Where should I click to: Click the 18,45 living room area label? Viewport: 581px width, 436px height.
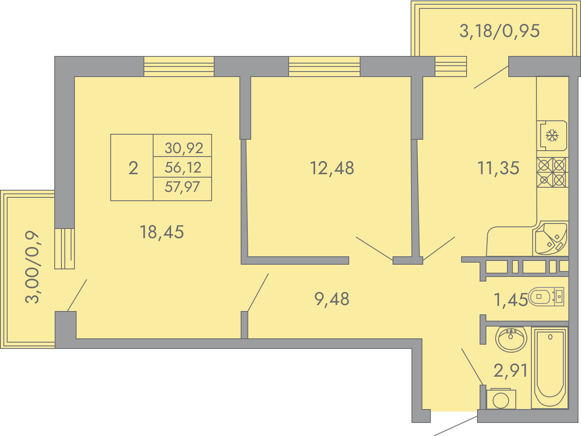coord(162,232)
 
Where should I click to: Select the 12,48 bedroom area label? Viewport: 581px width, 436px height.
coord(332,168)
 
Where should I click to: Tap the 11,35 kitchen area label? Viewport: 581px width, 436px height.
coord(498,168)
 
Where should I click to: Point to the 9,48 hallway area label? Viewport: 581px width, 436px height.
coord(332,299)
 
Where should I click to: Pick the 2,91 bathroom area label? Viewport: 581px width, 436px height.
coord(511,370)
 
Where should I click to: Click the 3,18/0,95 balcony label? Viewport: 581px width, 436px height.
coord(499,31)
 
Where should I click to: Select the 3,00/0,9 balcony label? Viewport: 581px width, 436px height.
coord(32,267)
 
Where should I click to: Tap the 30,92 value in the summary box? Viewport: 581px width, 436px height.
coord(184,148)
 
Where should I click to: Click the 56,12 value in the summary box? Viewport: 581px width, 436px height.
coord(183,167)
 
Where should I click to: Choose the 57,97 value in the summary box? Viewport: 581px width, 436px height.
coord(182,187)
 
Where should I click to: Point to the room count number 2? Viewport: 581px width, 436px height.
coord(133,168)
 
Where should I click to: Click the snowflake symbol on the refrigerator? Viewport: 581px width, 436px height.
coord(552,135)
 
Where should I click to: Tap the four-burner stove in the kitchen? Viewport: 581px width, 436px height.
coord(552,173)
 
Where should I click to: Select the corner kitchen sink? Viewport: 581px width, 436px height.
coord(551,239)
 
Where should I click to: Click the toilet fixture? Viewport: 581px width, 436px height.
coord(546,297)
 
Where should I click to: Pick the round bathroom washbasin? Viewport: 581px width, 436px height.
coord(511,339)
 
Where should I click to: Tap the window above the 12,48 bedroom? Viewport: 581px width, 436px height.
coord(324,66)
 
